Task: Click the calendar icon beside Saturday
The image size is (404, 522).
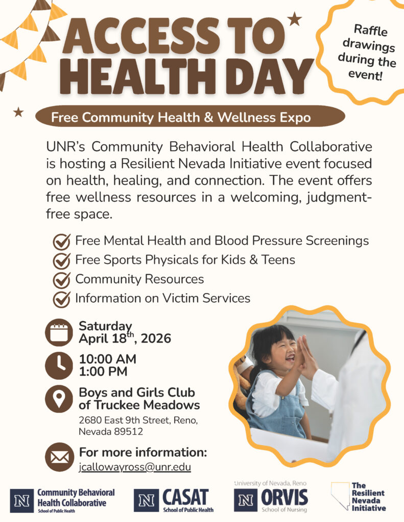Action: click(x=60, y=332)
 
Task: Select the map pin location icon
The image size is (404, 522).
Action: click(x=60, y=399)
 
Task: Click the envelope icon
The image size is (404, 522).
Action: click(x=60, y=457)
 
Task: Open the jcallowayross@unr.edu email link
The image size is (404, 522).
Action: click(x=135, y=467)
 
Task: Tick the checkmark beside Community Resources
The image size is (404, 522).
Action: click(x=62, y=280)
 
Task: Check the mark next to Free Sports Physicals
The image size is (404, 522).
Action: click(x=62, y=260)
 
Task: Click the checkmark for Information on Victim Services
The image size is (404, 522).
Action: click(x=62, y=299)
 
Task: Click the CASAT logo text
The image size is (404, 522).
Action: click(x=186, y=497)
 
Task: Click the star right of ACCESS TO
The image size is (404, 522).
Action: click(x=294, y=20)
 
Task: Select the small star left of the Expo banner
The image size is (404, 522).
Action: click(x=18, y=112)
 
